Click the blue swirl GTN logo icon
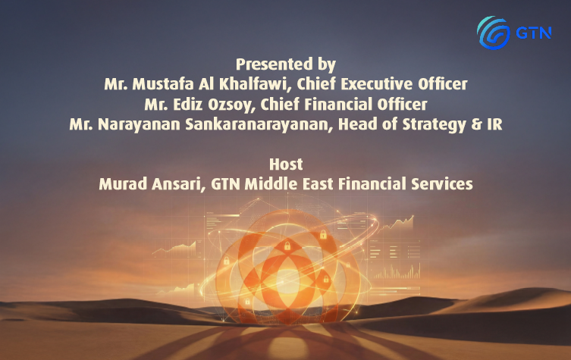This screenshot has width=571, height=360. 494,33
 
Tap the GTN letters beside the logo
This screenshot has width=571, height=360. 534,33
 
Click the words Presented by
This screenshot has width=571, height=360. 286,64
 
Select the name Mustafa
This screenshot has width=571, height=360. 163,84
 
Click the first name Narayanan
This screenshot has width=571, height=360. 139,125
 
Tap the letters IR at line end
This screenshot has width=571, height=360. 494,124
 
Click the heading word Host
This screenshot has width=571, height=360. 286,164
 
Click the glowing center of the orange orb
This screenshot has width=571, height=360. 287,280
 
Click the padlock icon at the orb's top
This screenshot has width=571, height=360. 287,246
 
